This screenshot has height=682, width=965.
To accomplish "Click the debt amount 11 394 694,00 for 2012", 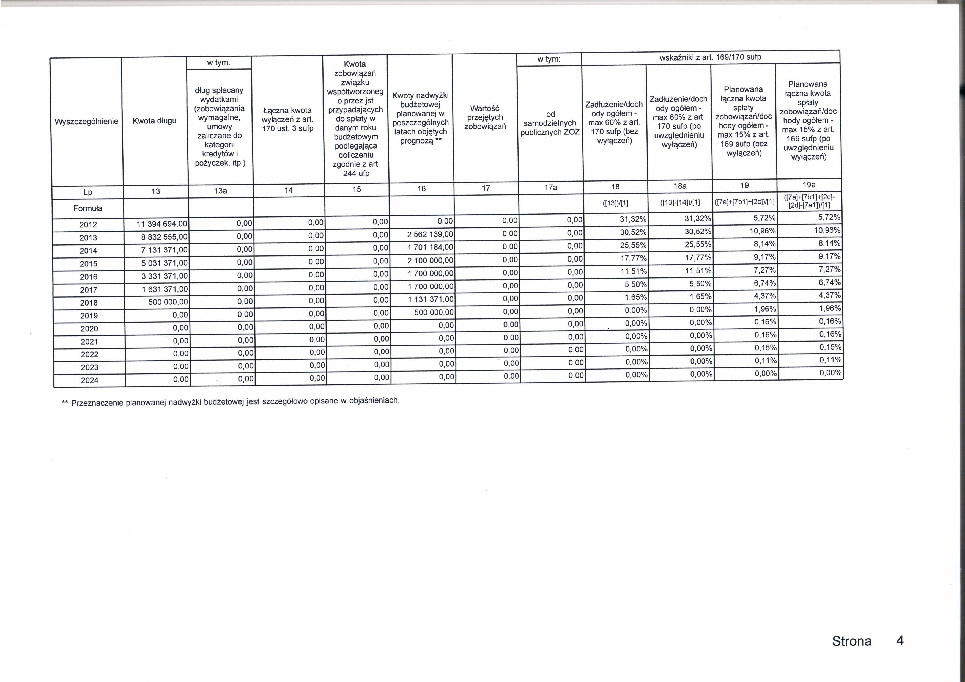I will click(x=162, y=224).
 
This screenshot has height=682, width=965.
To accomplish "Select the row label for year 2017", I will click(x=89, y=290).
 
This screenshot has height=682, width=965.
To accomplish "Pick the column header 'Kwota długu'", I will click(x=154, y=121).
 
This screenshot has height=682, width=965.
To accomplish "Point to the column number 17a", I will click(x=551, y=188).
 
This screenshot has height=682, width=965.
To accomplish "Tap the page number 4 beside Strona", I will click(x=900, y=641).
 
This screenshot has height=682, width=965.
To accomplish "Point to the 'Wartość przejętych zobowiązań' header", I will click(x=485, y=118).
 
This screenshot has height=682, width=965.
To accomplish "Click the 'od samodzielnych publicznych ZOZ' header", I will click(x=550, y=123).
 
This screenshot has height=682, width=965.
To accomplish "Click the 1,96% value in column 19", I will click(x=764, y=309).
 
